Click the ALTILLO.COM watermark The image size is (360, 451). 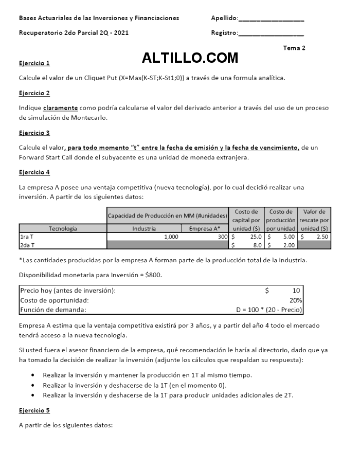point(190,58)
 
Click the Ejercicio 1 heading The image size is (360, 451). point(34,64)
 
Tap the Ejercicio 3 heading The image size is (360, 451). point(34,133)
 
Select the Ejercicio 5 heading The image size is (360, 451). point(34,411)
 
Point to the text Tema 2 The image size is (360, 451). point(294,48)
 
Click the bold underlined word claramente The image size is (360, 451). point(61,108)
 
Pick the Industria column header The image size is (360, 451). point(144,228)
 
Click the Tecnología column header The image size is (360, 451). point(63,228)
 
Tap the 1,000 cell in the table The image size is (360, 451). point(171,237)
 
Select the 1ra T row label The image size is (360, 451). point(26,237)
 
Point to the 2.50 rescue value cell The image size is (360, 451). point(322,237)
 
